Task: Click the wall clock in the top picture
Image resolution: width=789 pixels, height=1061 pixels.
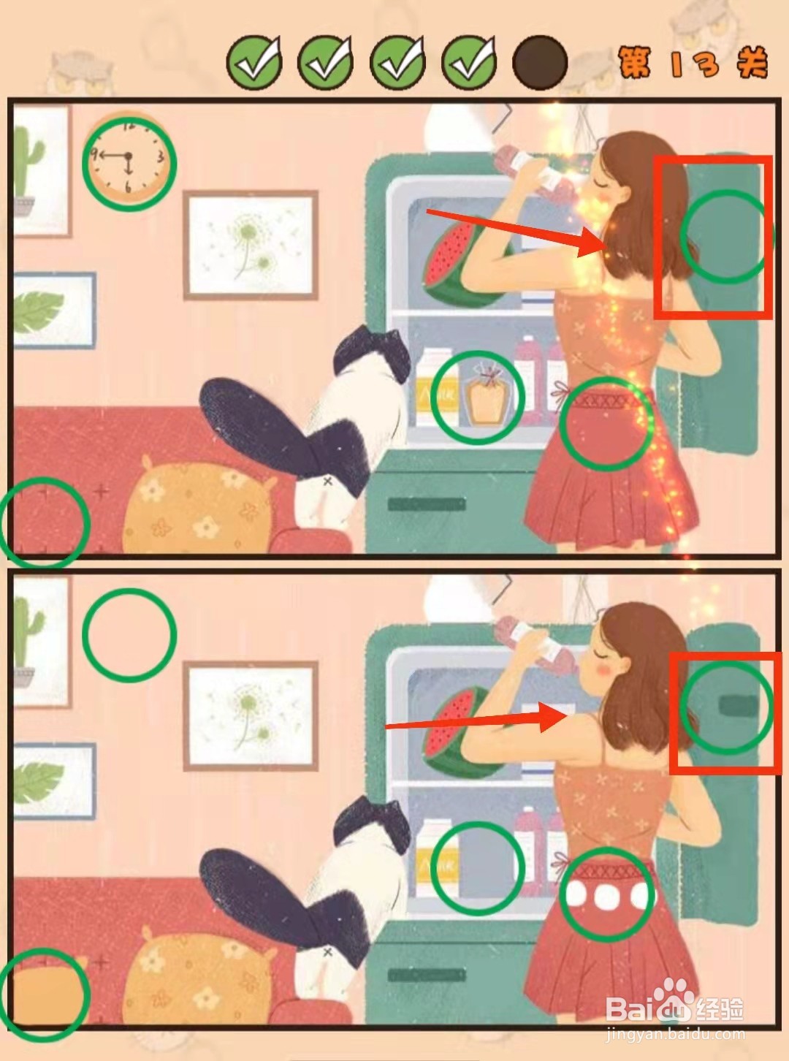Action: point(129,158)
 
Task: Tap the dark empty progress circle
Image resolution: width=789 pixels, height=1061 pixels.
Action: point(540,63)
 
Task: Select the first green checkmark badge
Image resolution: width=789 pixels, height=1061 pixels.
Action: point(254,63)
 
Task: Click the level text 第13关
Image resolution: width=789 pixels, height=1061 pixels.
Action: point(692,62)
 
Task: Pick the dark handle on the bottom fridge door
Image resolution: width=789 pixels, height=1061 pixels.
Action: point(739,707)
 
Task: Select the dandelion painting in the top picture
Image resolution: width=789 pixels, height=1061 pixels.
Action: point(251,245)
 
